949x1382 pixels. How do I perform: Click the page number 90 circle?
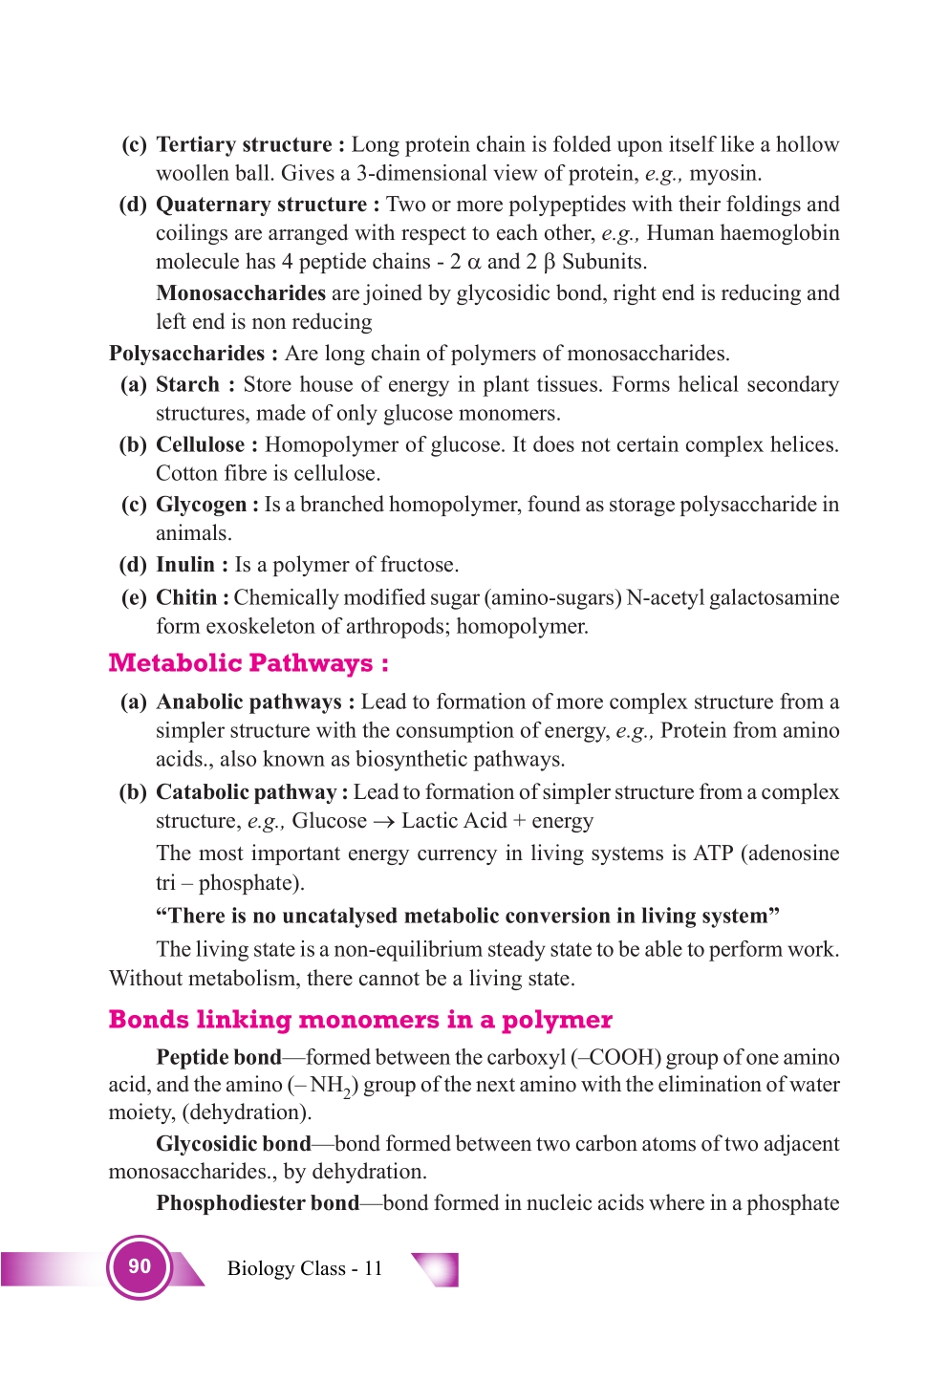[x=140, y=1266]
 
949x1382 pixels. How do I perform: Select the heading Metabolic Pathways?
[x=248, y=663]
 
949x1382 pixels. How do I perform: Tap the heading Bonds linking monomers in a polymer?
[x=360, y=1020]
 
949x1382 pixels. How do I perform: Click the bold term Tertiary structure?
[x=244, y=144]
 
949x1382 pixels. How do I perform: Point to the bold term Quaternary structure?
[x=261, y=205]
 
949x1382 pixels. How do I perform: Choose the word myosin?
[x=724, y=174]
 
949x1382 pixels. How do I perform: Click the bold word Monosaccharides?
[x=241, y=293]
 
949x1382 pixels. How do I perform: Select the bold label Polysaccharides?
[x=186, y=354]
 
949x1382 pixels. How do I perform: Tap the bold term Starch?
[x=187, y=384]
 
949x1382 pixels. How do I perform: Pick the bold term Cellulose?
[x=200, y=444]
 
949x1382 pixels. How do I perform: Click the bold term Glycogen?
[x=201, y=505]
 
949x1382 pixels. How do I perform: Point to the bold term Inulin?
[x=185, y=565]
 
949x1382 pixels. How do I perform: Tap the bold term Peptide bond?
[x=219, y=1057]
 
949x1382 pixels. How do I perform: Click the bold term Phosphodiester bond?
[x=258, y=1203]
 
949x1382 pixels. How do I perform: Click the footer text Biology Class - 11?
[x=305, y=1268]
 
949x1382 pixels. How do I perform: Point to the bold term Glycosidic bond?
[x=234, y=1144]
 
